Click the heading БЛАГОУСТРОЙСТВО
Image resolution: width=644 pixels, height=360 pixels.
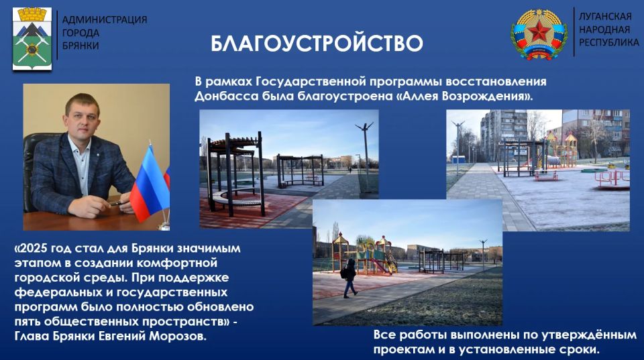317,44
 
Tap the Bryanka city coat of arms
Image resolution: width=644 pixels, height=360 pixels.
32,39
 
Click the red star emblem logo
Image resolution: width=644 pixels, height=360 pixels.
539,34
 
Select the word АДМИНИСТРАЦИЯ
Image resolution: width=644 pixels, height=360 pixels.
105,19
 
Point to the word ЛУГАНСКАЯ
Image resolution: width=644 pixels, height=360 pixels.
605,16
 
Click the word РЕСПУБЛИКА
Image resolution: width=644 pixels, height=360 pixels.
608,42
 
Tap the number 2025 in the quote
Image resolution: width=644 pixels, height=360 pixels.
32,249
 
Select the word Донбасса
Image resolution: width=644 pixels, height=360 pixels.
227,97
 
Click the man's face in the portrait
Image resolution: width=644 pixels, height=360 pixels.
82,119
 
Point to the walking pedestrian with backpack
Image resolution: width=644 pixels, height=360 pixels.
350,278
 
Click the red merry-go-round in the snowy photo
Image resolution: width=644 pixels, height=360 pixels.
612,178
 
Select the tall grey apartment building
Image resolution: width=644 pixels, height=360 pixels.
504,133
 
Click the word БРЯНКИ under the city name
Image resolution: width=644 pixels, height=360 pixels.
80,46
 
